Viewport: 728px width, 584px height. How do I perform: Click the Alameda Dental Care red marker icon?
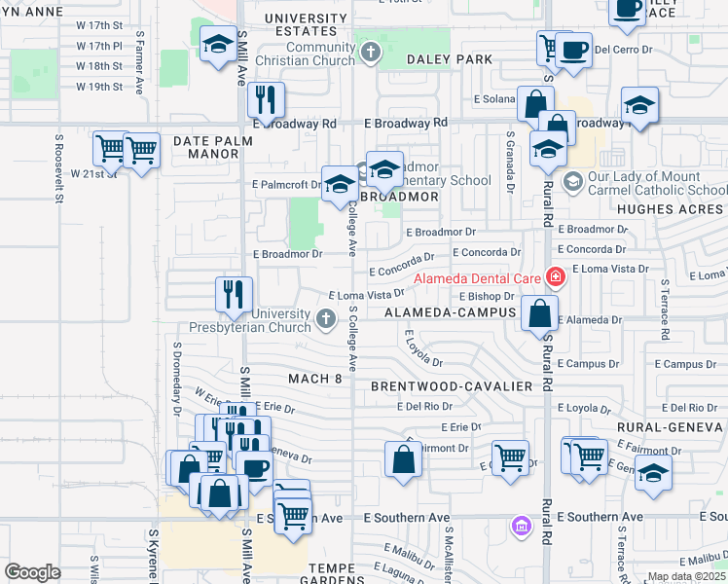click(556, 277)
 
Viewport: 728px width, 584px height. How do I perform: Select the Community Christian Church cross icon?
click(370, 52)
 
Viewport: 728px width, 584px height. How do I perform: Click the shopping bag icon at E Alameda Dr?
click(539, 313)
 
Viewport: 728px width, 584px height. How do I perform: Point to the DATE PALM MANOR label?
click(212, 141)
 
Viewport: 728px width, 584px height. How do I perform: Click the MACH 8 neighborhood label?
click(316, 378)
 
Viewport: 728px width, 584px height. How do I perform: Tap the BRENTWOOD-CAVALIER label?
click(451, 386)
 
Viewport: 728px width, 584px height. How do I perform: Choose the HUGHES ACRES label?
click(671, 209)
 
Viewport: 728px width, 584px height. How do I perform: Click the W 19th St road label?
click(100, 87)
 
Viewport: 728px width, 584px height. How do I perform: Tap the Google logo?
click(32, 571)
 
